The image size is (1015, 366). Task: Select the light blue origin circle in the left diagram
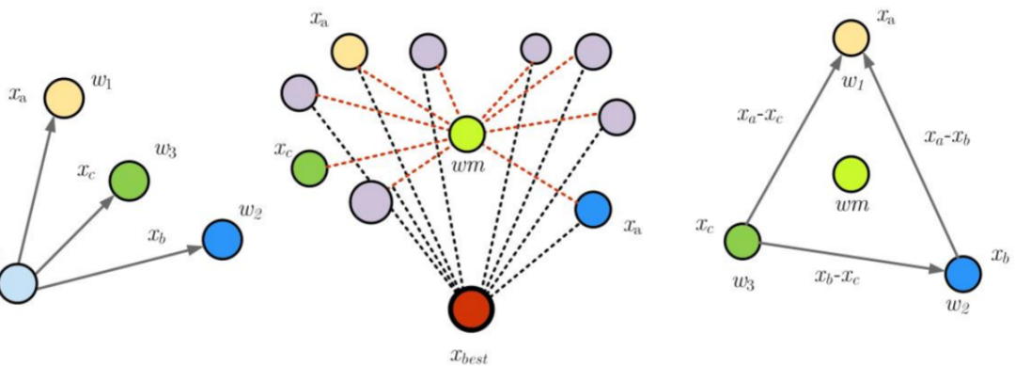tap(17, 282)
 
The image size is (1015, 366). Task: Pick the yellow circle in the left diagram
tap(64, 97)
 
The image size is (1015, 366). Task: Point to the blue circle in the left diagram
tap(222, 239)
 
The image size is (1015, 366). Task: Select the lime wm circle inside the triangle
tap(851, 174)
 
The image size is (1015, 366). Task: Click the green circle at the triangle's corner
tap(743, 240)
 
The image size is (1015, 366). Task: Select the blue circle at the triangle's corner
tap(963, 272)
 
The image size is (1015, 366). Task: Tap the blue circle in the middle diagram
tap(593, 209)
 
